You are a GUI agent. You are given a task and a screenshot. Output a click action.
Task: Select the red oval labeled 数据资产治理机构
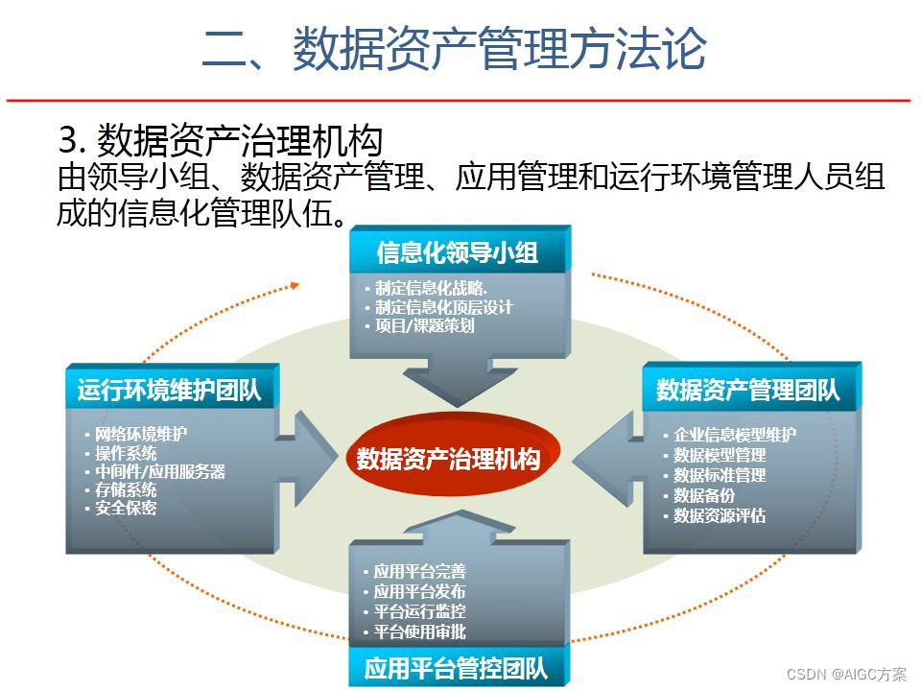448,458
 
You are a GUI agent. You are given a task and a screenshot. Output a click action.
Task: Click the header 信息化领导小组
458,252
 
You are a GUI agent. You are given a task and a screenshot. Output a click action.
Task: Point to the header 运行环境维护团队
170,391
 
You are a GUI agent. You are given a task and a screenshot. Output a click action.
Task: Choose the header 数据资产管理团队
748,390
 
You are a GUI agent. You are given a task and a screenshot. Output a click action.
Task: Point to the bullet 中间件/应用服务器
159,471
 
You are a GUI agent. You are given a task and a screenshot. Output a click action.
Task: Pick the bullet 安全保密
125,508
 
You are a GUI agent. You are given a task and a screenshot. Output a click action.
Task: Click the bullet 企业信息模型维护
734,434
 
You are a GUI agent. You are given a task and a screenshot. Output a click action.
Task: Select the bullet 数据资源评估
719,515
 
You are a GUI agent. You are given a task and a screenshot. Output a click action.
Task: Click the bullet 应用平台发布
419,591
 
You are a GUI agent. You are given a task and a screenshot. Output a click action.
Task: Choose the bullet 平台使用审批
419,631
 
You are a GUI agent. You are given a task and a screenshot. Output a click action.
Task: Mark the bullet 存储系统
125,489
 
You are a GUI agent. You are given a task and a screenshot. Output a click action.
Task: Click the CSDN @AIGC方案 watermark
846,674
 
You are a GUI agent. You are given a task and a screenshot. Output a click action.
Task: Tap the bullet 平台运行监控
419,611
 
